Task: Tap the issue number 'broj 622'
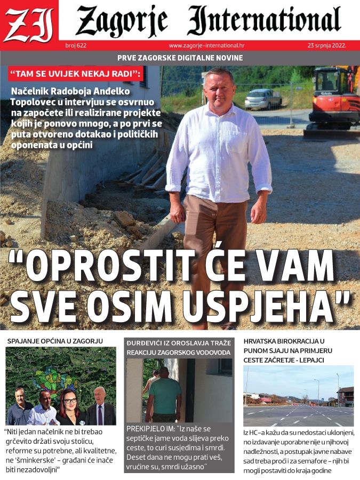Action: pos(76,45)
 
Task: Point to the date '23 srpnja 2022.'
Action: pos(327,45)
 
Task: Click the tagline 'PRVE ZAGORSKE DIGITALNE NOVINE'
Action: pos(180,58)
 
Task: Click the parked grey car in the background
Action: pos(263,99)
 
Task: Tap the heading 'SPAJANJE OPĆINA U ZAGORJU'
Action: pos(55,340)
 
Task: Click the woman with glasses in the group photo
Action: pos(70,405)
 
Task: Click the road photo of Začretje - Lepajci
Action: pos(298,395)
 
